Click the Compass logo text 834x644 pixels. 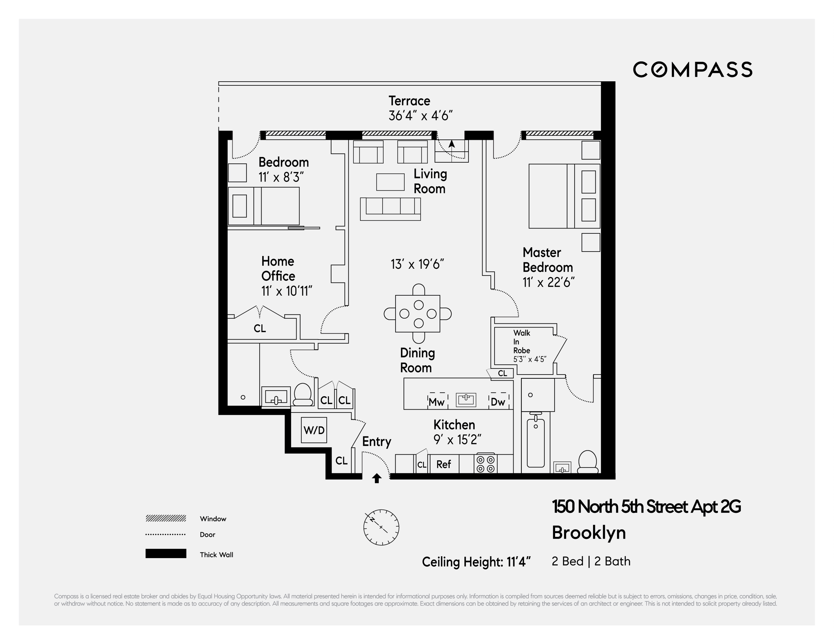[692, 69]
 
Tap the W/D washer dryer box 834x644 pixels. [314, 430]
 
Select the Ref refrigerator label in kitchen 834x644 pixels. [443, 464]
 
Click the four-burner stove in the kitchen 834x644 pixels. [486, 464]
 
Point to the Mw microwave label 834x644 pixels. [436, 402]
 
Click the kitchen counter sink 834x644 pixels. [466, 400]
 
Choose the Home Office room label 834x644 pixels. [278, 268]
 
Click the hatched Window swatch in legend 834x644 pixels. [166, 518]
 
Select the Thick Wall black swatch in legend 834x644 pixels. [166, 554]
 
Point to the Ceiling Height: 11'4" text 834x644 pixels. [476, 562]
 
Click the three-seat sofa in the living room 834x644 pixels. [390, 209]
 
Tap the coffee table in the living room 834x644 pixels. [390, 182]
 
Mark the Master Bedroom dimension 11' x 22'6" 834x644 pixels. [548, 282]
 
